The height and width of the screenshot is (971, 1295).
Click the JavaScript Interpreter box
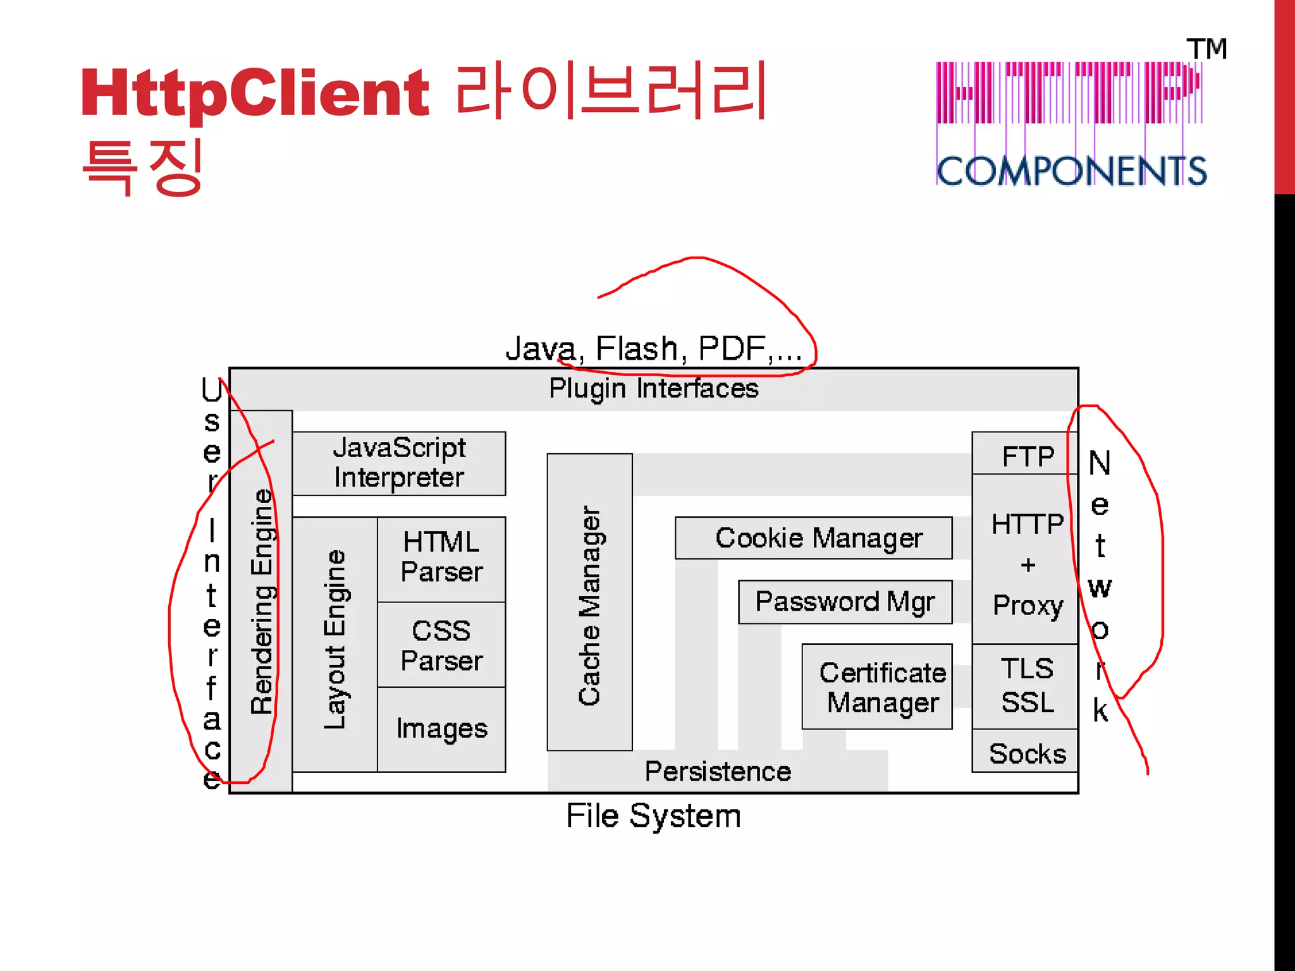pyautogui.click(x=399, y=463)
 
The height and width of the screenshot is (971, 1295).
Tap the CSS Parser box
pyautogui.click(x=441, y=645)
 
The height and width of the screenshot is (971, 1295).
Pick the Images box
pyautogui.click(x=441, y=729)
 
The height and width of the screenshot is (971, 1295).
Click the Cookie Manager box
pyautogui.click(x=813, y=538)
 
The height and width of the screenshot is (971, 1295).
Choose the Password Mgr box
pyautogui.click(x=845, y=602)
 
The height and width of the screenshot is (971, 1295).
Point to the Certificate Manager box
pyautogui.click(x=877, y=687)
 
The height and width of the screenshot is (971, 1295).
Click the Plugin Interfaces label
pyautogui.click(x=653, y=388)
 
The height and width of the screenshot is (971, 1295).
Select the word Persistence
pyautogui.click(x=718, y=771)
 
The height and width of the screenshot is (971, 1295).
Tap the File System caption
pyautogui.click(x=653, y=815)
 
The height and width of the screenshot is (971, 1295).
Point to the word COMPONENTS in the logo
pyautogui.click(x=1071, y=171)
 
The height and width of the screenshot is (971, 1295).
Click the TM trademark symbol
pyautogui.click(x=1206, y=49)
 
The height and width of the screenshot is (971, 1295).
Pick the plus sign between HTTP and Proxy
pyautogui.click(x=1028, y=565)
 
